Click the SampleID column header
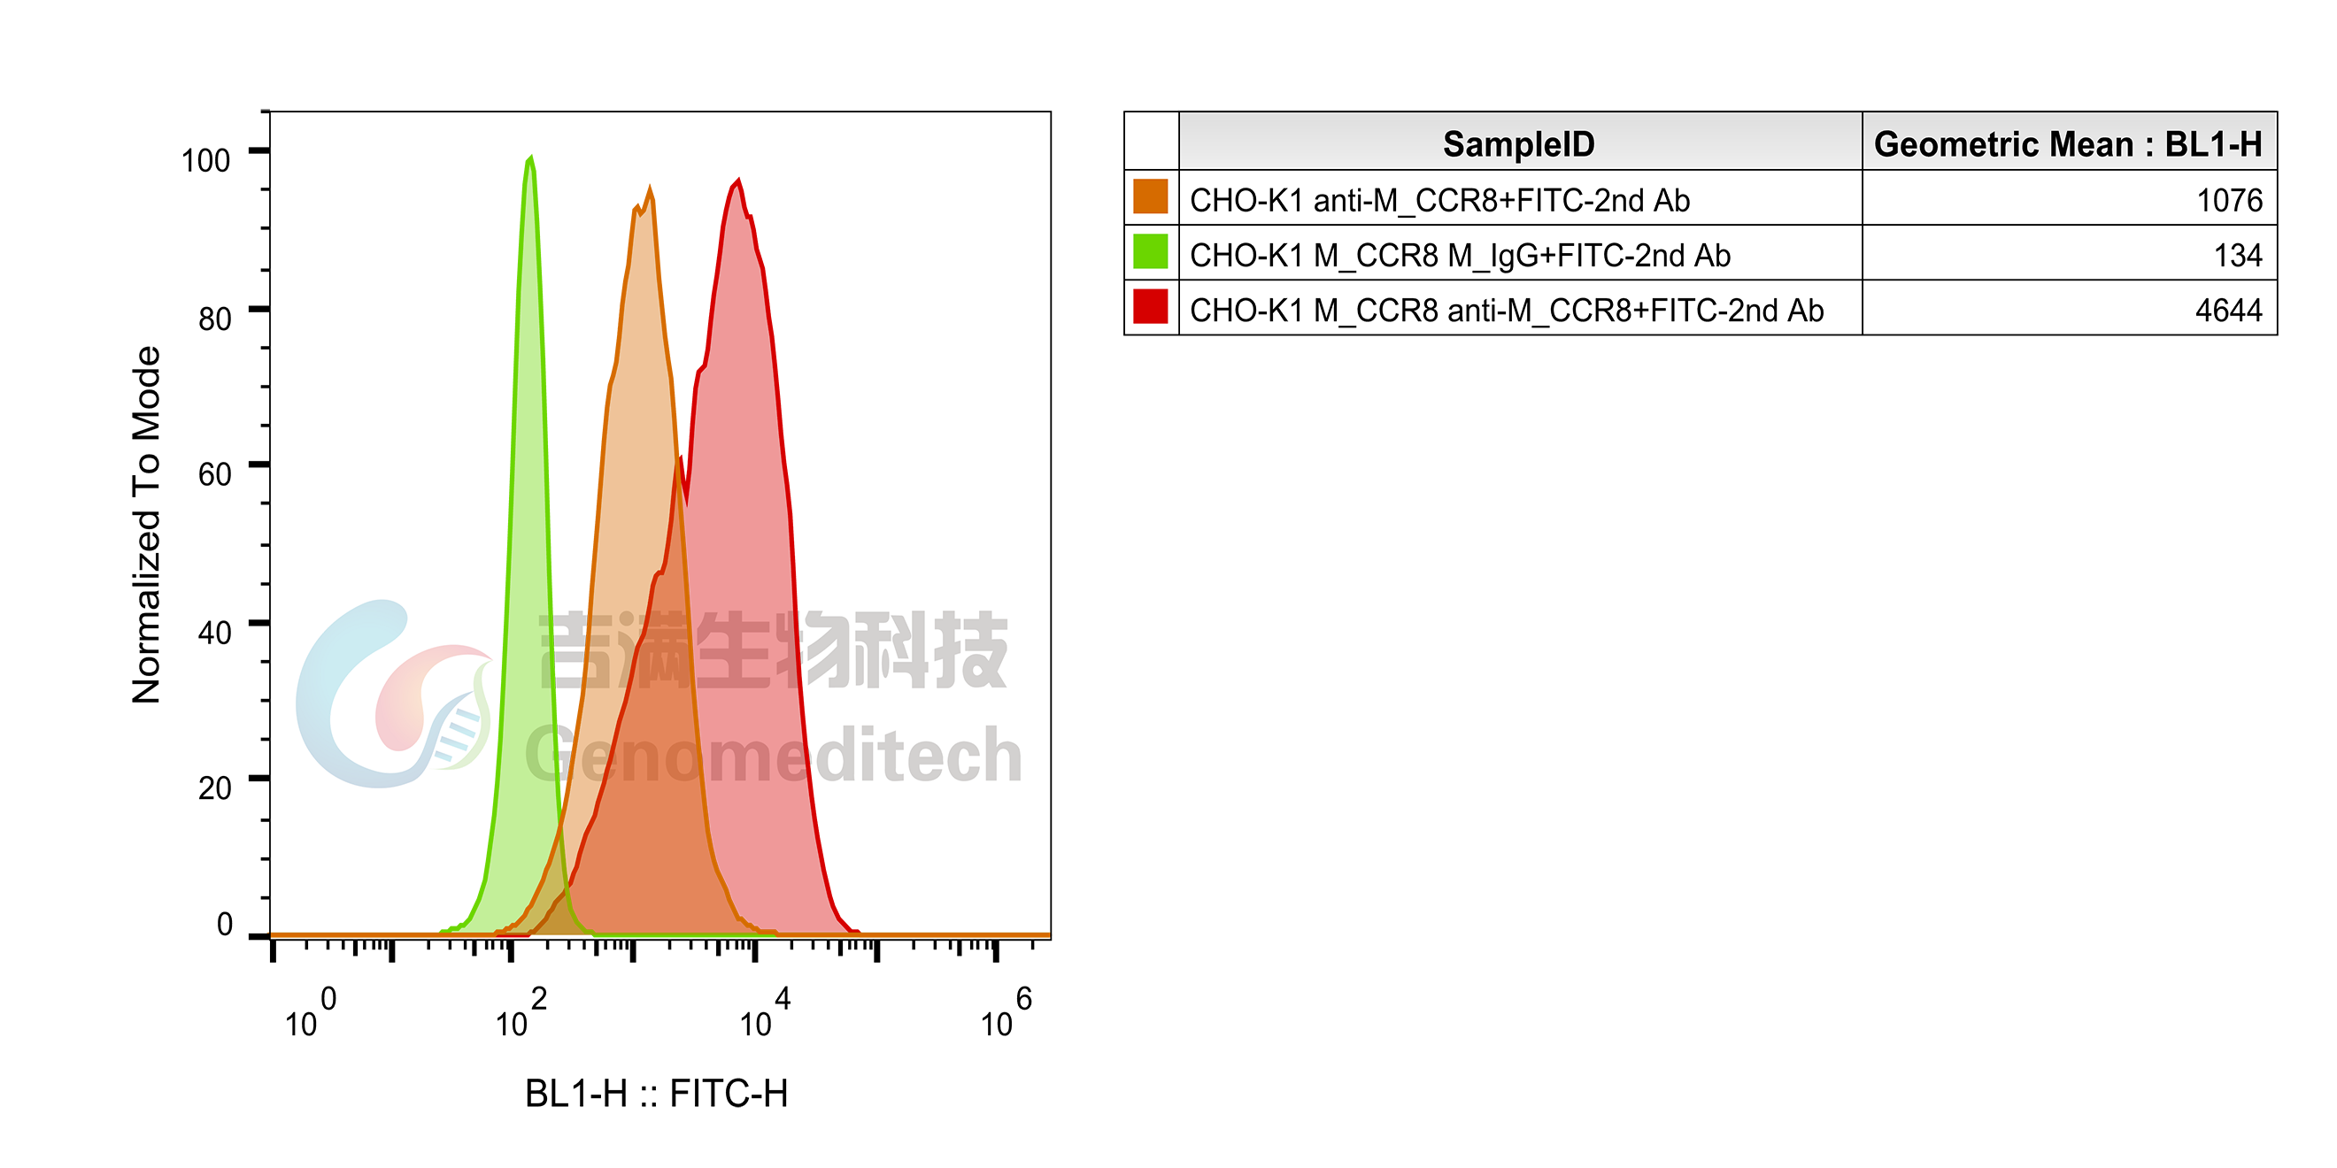[1519, 144]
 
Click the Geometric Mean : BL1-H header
[2068, 144]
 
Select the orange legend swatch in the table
[1151, 197]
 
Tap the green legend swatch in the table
[1151, 252]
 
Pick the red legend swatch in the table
[1151, 307]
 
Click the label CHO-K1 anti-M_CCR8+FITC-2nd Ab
[1438, 200]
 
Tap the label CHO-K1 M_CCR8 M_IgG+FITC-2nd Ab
[1460, 256]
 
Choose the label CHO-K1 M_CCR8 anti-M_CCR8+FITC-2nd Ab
[1506, 310]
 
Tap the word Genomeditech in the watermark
[771, 753]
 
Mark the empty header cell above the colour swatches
[1151, 142]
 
